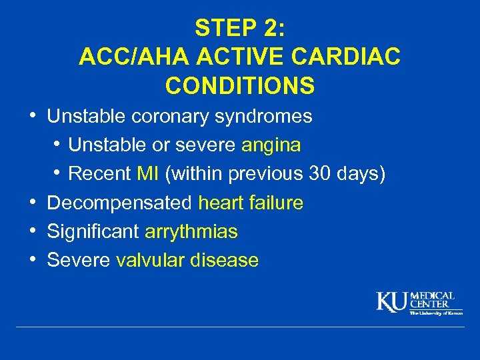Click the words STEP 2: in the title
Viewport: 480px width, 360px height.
(x=239, y=28)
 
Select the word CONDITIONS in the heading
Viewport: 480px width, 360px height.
(x=239, y=86)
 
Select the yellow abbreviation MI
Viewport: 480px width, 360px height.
(x=147, y=174)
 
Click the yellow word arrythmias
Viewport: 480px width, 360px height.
(x=191, y=232)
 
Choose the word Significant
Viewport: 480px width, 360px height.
(x=93, y=232)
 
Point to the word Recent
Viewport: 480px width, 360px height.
(x=99, y=174)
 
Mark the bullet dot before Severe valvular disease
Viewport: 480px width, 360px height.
(x=33, y=259)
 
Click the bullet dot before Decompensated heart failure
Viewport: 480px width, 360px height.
(x=33, y=201)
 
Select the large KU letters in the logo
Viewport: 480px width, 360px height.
(x=392, y=301)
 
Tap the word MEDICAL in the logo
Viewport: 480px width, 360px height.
(x=432, y=296)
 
